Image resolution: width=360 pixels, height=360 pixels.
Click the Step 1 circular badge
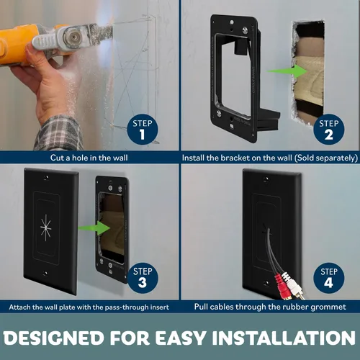tap(141, 129)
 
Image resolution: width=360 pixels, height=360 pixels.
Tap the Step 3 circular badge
tap(141, 277)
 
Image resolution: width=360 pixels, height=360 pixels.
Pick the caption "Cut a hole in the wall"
tap(89, 158)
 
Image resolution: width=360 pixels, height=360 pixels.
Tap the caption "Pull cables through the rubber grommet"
tap(270, 307)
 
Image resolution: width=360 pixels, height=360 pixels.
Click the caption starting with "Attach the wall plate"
tap(89, 307)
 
